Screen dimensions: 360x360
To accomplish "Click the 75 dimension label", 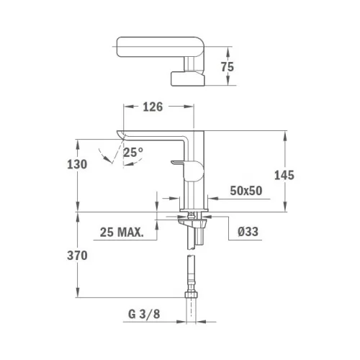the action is (x=228, y=67).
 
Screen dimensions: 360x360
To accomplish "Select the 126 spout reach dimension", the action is (x=153, y=107).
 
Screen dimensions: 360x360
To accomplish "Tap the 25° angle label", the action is (x=133, y=152).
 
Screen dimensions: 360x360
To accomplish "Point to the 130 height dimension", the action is (x=77, y=164).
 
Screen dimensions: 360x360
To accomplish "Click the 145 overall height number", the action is (x=284, y=176).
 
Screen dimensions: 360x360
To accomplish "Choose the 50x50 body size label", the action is (x=246, y=191).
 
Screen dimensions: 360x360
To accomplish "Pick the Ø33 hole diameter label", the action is (x=248, y=232).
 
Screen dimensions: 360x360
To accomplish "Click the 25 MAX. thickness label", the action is (x=122, y=232).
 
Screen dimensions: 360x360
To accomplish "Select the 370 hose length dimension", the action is (x=77, y=256).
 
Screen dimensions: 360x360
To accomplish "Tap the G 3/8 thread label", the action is (x=144, y=314).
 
